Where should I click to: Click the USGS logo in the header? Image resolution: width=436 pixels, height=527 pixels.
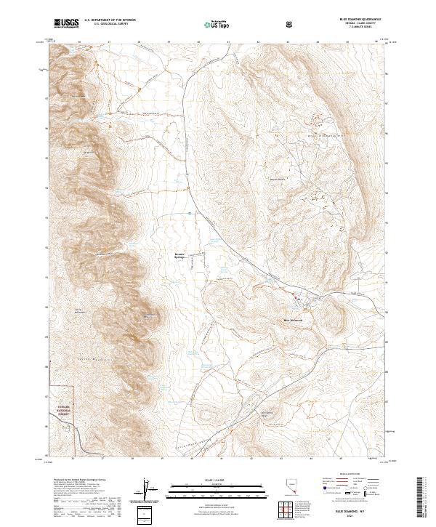pyautogui.click(x=66, y=24)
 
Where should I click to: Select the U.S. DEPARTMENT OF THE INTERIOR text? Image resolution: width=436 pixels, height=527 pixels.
pyautogui.click(x=108, y=21)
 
